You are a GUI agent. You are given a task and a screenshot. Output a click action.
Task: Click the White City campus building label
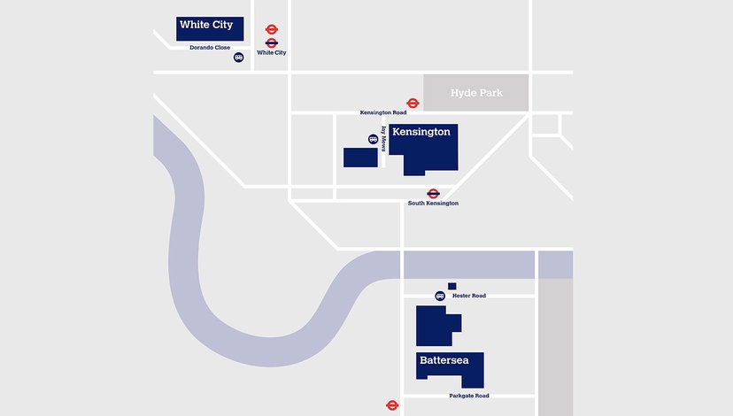(x=205, y=25)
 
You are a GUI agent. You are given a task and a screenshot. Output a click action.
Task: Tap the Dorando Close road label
(x=210, y=48)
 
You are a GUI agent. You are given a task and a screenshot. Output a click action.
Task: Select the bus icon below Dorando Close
(x=239, y=58)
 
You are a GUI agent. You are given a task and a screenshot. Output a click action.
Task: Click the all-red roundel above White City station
(x=272, y=29)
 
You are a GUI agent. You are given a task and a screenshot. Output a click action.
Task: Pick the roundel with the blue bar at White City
(x=272, y=42)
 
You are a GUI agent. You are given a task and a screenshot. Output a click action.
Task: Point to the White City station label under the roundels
(x=272, y=53)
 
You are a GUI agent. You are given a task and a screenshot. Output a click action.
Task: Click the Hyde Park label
(x=476, y=93)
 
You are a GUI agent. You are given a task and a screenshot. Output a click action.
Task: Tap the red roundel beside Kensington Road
(x=413, y=104)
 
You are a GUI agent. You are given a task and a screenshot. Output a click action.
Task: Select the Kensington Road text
(x=383, y=113)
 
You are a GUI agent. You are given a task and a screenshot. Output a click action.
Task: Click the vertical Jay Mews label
(x=384, y=139)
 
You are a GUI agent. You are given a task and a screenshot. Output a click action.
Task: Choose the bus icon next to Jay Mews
(x=373, y=139)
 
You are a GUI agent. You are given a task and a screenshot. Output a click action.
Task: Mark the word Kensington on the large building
(x=421, y=132)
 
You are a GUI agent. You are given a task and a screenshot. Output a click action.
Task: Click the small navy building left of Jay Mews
(x=360, y=158)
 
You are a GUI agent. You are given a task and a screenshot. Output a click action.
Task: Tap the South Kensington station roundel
(x=434, y=194)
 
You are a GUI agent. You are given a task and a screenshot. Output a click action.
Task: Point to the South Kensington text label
(x=433, y=204)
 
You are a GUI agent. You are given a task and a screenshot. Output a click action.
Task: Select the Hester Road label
(x=469, y=296)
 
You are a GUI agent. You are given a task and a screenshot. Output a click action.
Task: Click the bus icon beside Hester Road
(x=440, y=296)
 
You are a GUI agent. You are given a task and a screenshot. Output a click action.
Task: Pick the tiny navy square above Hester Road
(x=452, y=286)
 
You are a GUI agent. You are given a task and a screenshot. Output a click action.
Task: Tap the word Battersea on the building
(x=450, y=360)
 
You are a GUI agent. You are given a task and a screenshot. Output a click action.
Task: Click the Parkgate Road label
(x=468, y=396)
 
